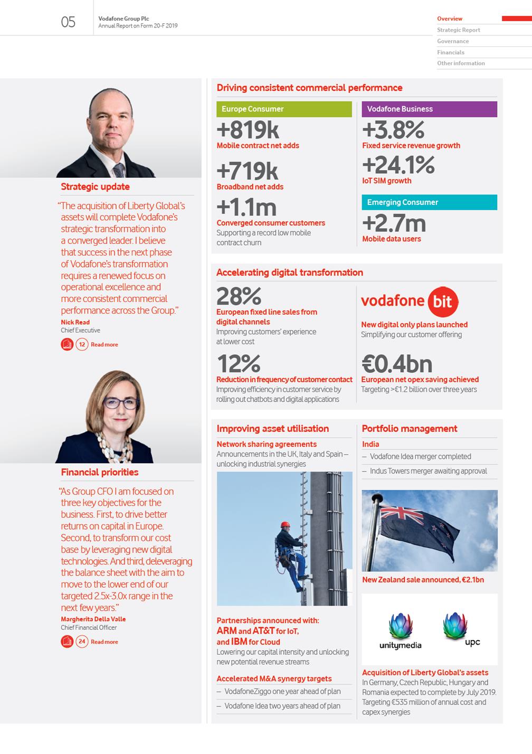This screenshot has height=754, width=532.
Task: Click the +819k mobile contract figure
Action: pyautogui.click(x=248, y=130)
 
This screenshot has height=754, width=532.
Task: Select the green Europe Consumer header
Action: pyautogui.click(x=284, y=109)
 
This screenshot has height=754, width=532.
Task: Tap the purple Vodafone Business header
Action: pyautogui.click(x=429, y=109)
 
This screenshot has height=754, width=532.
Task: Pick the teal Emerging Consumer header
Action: pyautogui.click(x=429, y=202)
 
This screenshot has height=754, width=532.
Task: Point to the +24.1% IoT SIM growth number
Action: pyautogui.click(x=398, y=165)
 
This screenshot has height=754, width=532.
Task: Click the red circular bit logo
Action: pyautogui.click(x=442, y=301)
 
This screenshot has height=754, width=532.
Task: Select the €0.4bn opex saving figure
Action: pyautogui.click(x=396, y=364)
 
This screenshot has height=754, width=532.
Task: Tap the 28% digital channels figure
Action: pyautogui.click(x=239, y=296)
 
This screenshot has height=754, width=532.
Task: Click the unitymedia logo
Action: pyautogui.click(x=401, y=631)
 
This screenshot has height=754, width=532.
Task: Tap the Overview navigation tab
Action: pyautogui.click(x=450, y=19)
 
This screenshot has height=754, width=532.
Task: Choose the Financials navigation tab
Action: pyautogui.click(x=451, y=52)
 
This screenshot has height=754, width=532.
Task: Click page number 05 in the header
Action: pyautogui.click(x=68, y=22)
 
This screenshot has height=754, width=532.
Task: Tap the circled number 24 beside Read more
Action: pyautogui.click(x=82, y=642)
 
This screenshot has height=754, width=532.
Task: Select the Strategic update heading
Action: pyautogui.click(x=95, y=187)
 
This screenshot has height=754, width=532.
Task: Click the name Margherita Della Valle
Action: pyautogui.click(x=93, y=619)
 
